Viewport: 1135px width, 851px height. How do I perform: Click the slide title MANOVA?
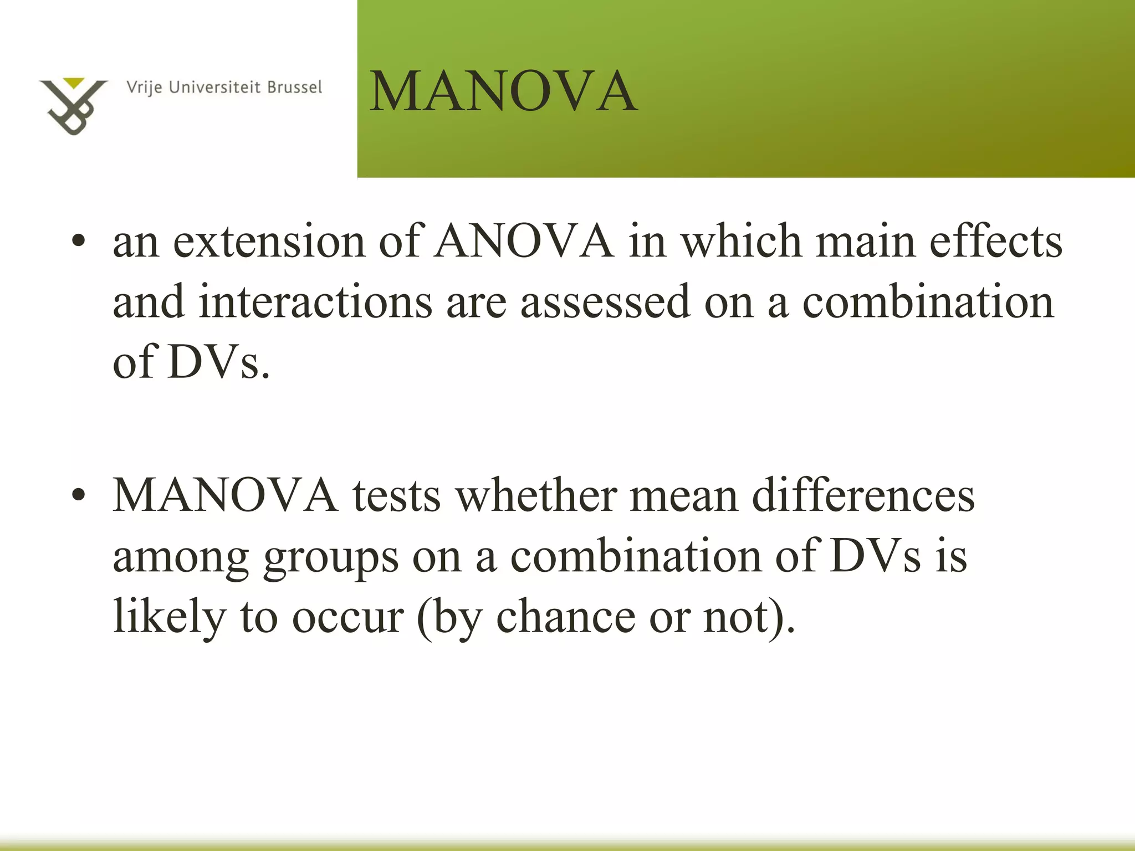pyautogui.click(x=503, y=91)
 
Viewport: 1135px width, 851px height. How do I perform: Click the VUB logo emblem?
pyautogui.click(x=73, y=106)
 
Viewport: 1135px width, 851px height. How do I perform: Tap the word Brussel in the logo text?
pyautogui.click(x=294, y=88)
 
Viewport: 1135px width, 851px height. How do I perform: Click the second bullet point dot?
pyautogui.click(x=79, y=495)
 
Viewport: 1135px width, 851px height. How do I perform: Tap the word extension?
pyautogui.click(x=269, y=243)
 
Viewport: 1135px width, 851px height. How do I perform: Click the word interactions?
pyautogui.click(x=315, y=302)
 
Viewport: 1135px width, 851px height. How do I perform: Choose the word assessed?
pyautogui.click(x=605, y=302)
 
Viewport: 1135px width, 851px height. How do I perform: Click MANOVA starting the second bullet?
pyautogui.click(x=226, y=495)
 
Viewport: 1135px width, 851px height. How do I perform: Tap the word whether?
pyautogui.click(x=536, y=495)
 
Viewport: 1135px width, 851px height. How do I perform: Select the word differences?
pyautogui.click(x=863, y=495)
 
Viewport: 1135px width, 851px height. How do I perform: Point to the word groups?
pyautogui.click(x=331, y=557)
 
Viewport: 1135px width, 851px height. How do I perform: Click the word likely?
pyautogui.click(x=169, y=616)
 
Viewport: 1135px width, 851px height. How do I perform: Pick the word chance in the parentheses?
pyautogui.click(x=565, y=616)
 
